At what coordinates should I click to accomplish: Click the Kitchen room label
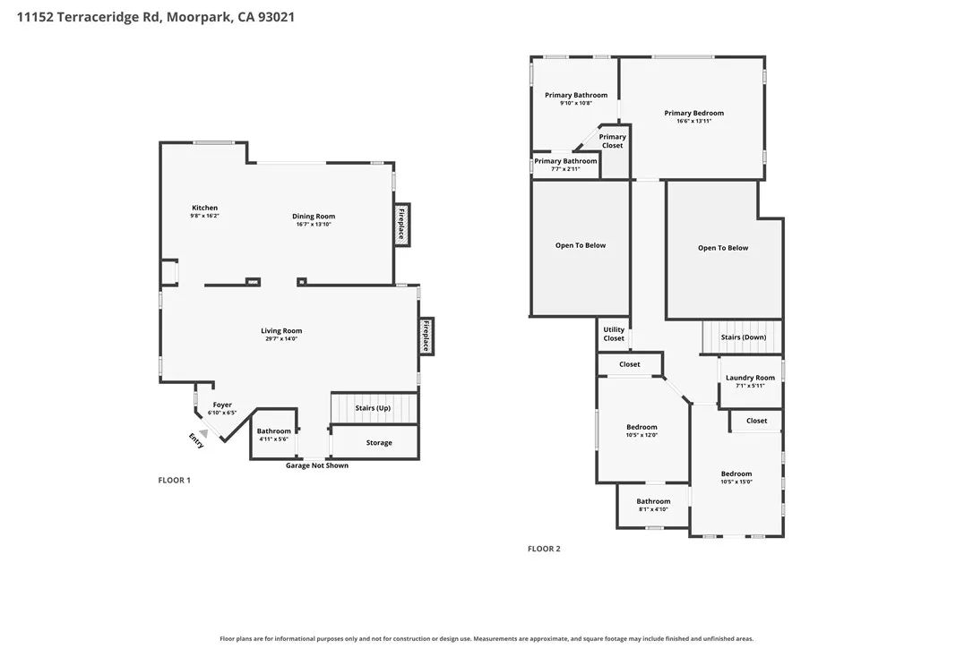(x=205, y=208)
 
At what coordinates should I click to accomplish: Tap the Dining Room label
(x=314, y=217)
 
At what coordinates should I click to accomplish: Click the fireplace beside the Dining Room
(x=401, y=225)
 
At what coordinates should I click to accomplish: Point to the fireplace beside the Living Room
(x=426, y=337)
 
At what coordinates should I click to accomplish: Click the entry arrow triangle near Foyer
(x=202, y=433)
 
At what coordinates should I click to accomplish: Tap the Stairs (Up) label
(x=373, y=408)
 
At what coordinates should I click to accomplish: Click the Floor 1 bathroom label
(x=273, y=431)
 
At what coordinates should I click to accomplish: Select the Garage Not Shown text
(x=317, y=465)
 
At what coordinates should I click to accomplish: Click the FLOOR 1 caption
(x=175, y=480)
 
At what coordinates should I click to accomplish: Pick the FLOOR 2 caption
(x=544, y=549)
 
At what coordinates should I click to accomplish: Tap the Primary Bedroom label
(x=693, y=113)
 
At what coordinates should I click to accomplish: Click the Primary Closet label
(x=613, y=141)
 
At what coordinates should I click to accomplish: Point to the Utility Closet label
(x=614, y=334)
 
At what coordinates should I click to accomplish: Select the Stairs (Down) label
(x=744, y=337)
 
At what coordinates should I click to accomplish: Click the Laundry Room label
(x=750, y=378)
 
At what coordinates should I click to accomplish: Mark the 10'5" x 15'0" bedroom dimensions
(x=736, y=482)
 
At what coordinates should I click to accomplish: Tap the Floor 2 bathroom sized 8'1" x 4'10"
(x=653, y=505)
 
